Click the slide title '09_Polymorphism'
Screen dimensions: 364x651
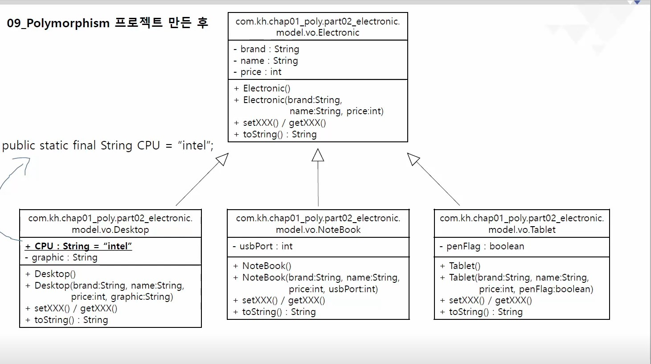tap(58, 23)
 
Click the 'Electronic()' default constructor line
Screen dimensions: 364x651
tap(266, 88)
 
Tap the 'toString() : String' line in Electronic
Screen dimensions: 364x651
tap(279, 134)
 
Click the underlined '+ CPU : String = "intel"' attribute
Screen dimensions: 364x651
tap(79, 246)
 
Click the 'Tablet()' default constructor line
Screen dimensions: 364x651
tap(464, 266)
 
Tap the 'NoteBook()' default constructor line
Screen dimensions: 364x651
tap(266, 266)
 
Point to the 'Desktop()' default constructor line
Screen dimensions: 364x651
tap(54, 274)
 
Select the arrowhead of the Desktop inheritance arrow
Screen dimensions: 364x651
tap(222, 159)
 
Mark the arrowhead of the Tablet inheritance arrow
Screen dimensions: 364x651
tap(413, 159)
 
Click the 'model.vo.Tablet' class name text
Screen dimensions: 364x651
tap(522, 230)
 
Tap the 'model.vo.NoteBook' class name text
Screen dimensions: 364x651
tap(318, 230)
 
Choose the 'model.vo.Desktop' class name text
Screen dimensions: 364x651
tap(110, 230)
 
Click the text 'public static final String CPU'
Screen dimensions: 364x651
tap(81, 145)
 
